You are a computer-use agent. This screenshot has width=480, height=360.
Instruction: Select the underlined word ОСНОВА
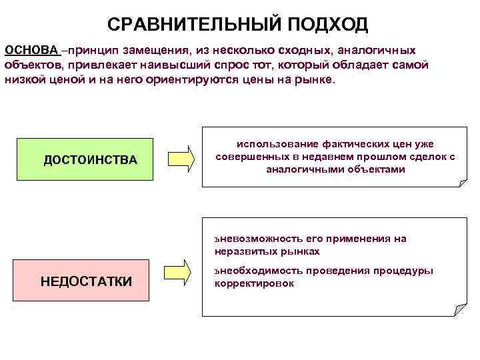pos(32,51)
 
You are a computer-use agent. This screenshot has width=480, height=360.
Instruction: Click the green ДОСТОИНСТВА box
pos(85,160)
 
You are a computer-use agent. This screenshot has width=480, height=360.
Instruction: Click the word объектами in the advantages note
pos(374,169)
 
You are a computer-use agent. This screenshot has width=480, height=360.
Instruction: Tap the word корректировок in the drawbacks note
pos(254,283)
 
